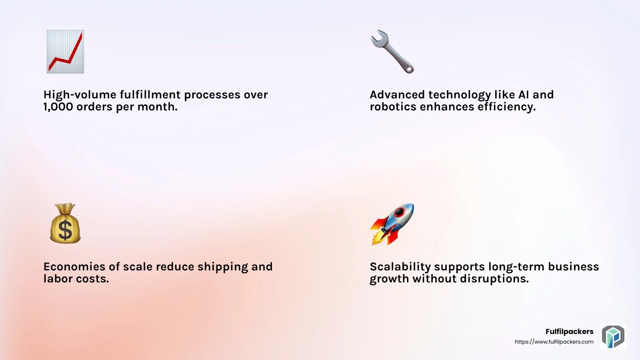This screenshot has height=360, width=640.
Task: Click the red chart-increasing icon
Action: pyautogui.click(x=66, y=52)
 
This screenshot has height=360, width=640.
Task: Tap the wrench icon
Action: pyautogui.click(x=392, y=52)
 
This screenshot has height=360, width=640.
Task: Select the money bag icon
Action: pyautogui.click(x=66, y=224)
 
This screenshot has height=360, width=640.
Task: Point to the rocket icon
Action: pyautogui.click(x=392, y=224)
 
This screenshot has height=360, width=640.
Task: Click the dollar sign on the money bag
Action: pyautogui.click(x=65, y=230)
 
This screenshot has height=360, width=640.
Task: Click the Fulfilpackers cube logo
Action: pyautogui.click(x=613, y=336)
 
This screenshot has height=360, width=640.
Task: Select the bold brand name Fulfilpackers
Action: pyautogui.click(x=570, y=332)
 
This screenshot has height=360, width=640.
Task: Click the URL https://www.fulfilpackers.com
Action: pyautogui.click(x=554, y=342)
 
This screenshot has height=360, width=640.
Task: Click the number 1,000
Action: pyautogui.click(x=58, y=107)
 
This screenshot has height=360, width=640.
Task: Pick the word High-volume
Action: pyautogui.click(x=80, y=95)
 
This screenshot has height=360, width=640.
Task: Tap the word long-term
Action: pyautogui.click(x=516, y=267)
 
